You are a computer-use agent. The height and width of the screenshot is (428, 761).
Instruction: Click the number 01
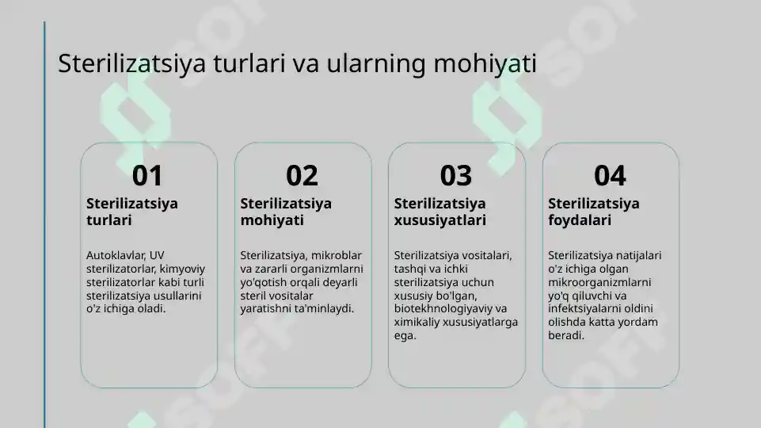pos(147,175)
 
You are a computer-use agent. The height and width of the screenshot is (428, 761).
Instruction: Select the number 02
pos(302,175)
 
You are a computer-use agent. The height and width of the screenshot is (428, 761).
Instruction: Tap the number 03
pos(455,175)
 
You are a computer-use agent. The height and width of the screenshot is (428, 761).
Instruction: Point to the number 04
pos(610,175)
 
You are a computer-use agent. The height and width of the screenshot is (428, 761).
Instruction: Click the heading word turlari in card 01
pos(108,220)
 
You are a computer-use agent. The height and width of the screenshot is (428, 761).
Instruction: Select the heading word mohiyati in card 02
pos(272,220)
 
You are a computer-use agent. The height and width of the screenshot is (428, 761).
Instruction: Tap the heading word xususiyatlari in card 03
pos(440,220)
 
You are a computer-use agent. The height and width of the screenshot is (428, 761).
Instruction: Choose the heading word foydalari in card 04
pos(580,220)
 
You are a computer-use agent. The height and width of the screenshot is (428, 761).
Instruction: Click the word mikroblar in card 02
pos(337,255)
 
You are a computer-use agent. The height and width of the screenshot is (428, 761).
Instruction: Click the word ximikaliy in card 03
pos(417,323)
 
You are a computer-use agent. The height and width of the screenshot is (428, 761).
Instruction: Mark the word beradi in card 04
pos(566,336)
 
